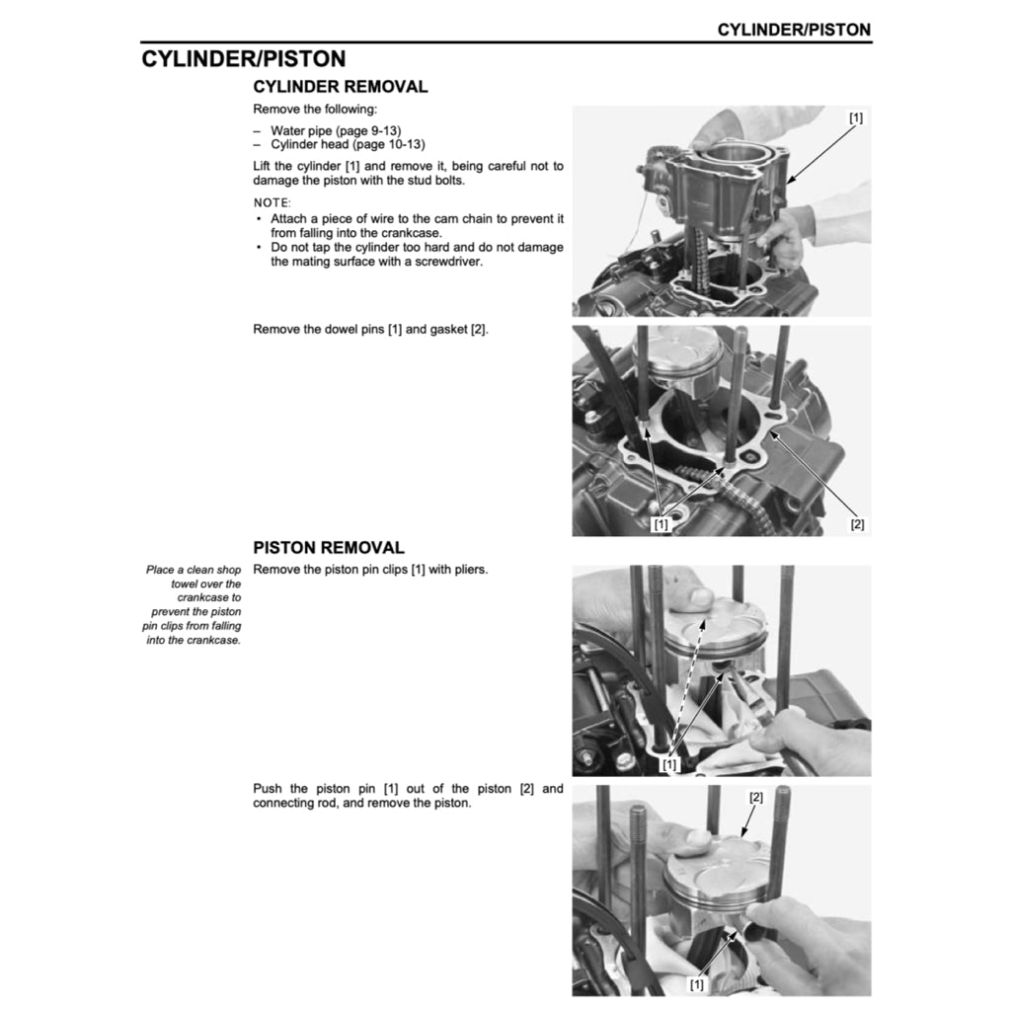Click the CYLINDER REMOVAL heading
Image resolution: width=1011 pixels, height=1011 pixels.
point(341,87)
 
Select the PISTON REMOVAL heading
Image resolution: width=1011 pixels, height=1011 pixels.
point(329,548)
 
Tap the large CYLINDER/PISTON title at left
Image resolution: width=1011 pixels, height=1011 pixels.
point(243,59)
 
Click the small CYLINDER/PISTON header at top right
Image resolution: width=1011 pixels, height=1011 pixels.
point(794,30)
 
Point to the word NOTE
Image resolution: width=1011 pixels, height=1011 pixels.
point(272,202)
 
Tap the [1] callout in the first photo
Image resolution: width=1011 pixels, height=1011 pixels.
point(855,117)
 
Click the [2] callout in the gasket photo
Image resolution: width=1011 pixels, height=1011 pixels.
point(856,524)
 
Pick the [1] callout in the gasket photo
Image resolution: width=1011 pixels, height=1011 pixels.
point(661,524)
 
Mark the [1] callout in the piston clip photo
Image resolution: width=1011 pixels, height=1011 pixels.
point(670,765)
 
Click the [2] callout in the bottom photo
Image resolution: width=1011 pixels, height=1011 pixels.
point(756,797)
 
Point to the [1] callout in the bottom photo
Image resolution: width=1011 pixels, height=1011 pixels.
point(697,984)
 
